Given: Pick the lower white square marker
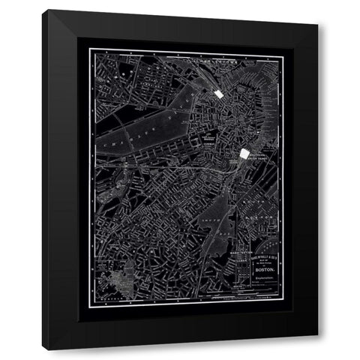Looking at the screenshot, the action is pyautogui.click(x=244, y=153).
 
